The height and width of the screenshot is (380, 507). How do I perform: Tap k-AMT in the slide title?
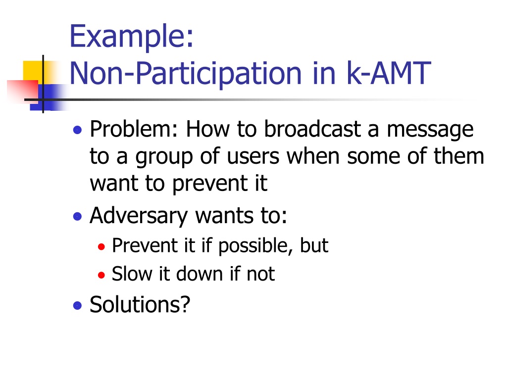coord(389,73)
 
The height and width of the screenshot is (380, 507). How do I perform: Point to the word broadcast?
coord(313,129)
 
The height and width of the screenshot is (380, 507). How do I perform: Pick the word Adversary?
coord(139,216)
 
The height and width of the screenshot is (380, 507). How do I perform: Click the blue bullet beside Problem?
coord(77,130)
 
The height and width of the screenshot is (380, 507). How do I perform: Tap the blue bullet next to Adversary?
coord(77,216)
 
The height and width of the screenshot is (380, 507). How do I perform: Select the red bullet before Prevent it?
coord(101,247)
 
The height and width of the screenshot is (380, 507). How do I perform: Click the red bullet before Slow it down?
coord(101,275)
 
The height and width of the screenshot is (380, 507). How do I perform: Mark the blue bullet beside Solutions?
coord(77,305)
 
